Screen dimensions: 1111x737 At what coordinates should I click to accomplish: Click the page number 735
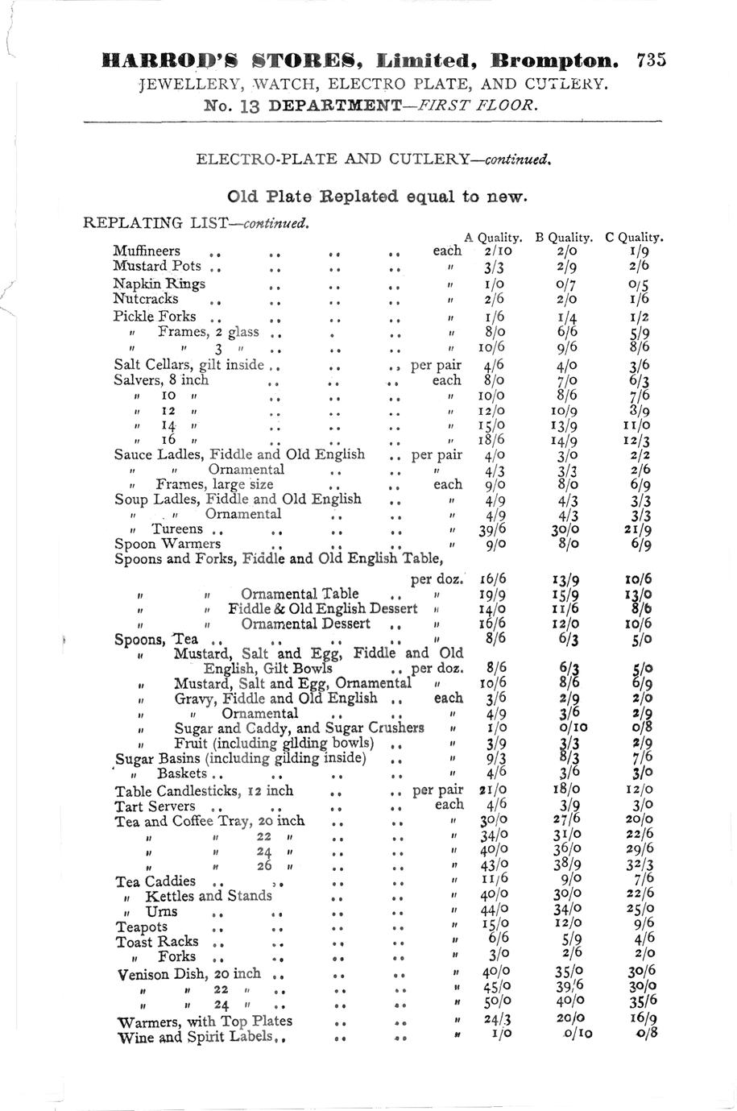(x=650, y=60)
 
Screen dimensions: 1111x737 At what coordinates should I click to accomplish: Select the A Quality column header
(x=494, y=238)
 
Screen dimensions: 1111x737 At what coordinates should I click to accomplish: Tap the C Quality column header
(x=634, y=238)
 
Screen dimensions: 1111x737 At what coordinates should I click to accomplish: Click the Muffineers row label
(x=147, y=251)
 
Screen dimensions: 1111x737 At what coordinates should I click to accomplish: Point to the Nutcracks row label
(x=146, y=299)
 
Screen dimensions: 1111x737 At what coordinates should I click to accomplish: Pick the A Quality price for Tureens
(x=492, y=531)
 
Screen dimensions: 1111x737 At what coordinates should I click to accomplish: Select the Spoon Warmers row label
(x=168, y=544)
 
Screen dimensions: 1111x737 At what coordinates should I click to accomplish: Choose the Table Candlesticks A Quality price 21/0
(x=493, y=790)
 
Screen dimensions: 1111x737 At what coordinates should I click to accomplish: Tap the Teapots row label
(x=142, y=927)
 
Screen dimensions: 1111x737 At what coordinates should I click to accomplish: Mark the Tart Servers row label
(x=155, y=806)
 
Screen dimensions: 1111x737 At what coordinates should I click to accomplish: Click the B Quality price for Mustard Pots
(x=567, y=267)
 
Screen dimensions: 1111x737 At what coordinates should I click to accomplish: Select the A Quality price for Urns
(x=494, y=912)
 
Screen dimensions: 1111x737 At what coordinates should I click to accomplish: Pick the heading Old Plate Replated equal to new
(x=377, y=197)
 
